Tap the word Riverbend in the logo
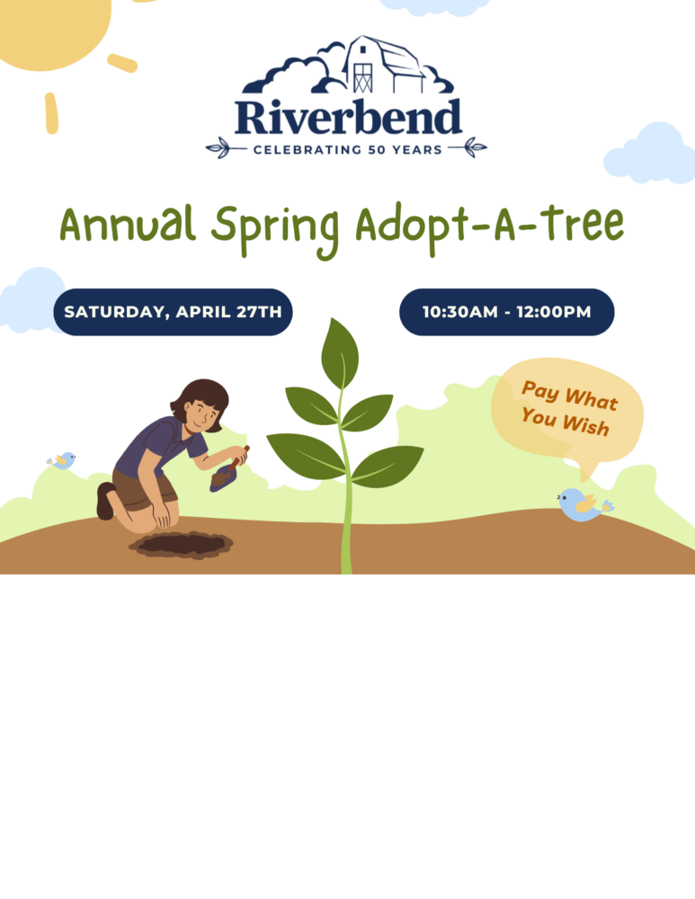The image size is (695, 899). coord(348,118)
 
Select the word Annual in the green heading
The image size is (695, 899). coord(129,226)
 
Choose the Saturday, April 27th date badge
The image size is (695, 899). coord(173,312)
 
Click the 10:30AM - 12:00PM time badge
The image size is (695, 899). coord(506,312)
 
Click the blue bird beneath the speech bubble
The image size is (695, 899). coord(580,504)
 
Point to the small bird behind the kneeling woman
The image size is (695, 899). coord(62,460)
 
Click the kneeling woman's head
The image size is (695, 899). coord(201,405)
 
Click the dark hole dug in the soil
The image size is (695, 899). coord(181,543)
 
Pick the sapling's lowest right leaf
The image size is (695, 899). coord(388,464)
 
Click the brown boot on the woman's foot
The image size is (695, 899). coord(104,501)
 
